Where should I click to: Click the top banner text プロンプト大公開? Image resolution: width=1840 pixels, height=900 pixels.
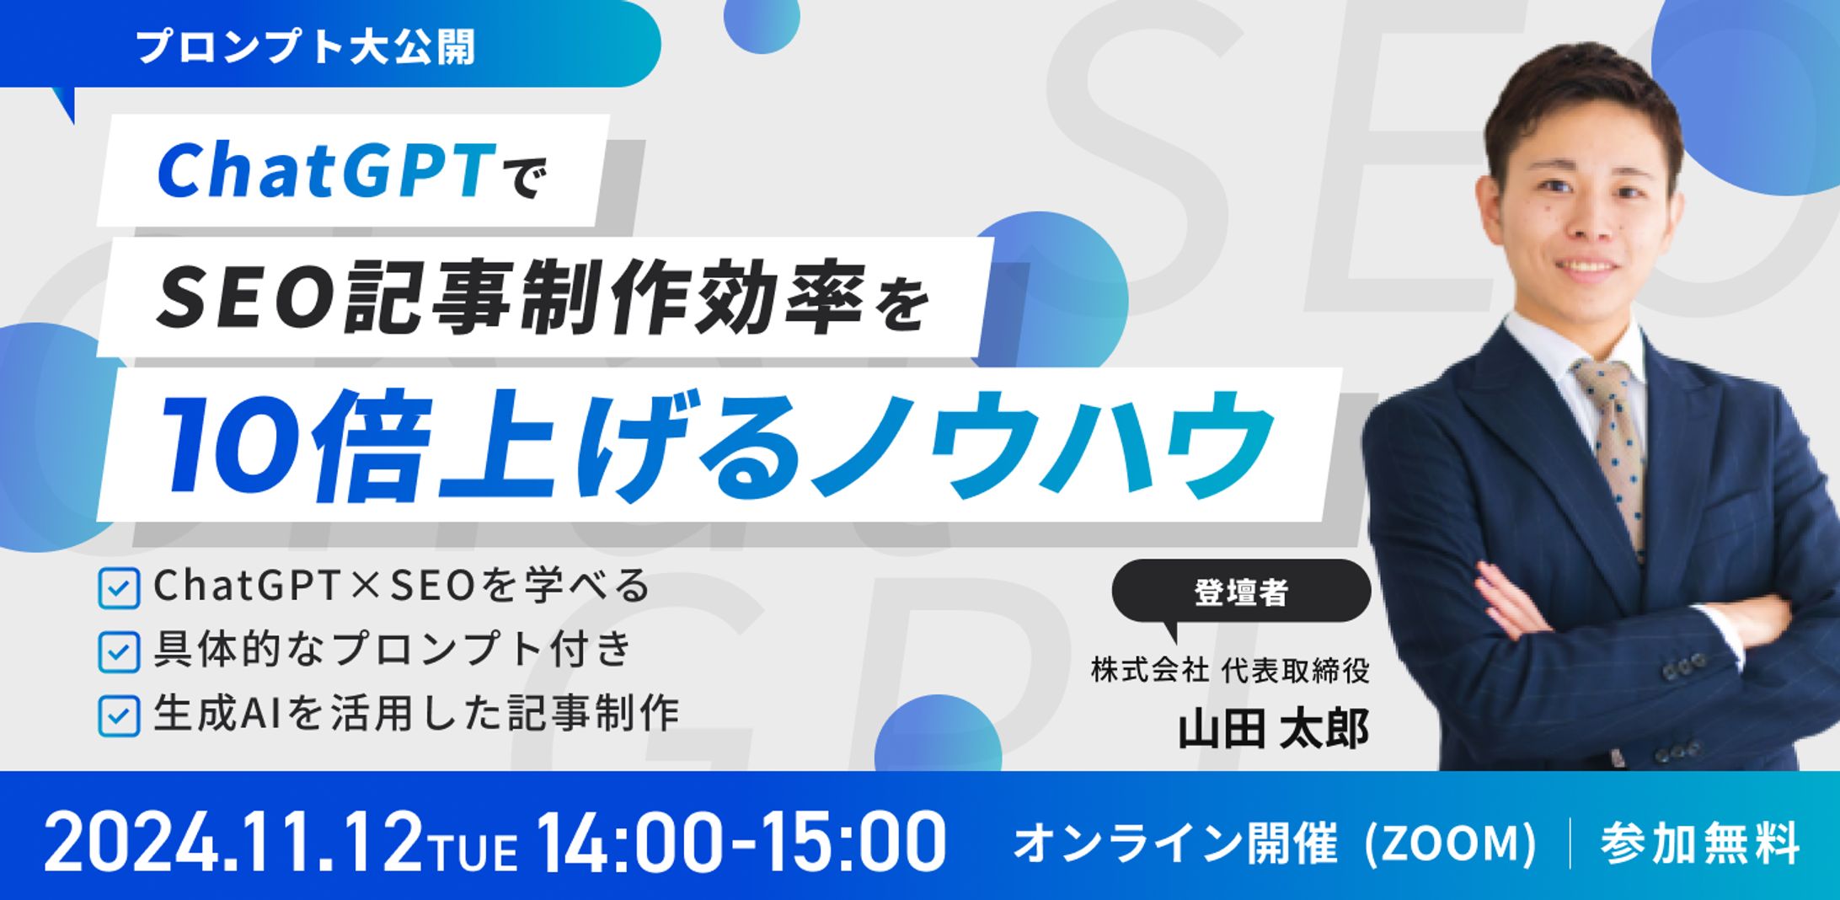point(305,46)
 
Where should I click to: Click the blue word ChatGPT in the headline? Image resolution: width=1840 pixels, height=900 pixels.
point(325,171)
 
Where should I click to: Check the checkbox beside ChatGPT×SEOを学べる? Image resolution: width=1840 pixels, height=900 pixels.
point(119,587)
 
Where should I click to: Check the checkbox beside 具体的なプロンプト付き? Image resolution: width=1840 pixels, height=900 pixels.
point(119,651)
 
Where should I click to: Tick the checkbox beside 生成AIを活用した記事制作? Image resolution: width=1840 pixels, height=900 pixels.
point(119,715)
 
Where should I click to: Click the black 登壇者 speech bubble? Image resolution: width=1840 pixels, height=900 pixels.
point(1240,592)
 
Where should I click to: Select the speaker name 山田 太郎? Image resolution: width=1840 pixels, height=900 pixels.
point(1272,730)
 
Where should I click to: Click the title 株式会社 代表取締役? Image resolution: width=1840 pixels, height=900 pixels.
point(1230,671)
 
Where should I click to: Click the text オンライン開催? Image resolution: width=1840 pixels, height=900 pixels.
point(1174,843)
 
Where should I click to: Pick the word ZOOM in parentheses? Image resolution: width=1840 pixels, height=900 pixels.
point(1450,844)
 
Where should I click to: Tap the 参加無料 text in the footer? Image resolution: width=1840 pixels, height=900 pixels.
point(1700,843)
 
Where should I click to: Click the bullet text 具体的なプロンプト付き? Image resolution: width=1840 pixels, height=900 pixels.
point(393,650)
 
